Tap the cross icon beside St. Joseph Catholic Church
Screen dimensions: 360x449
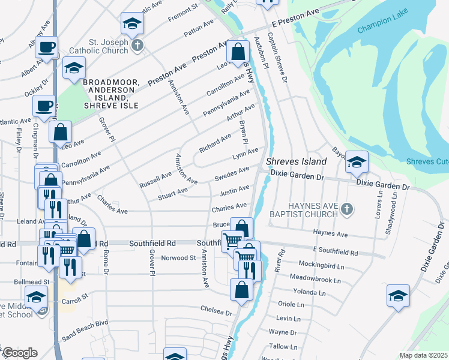[137, 46]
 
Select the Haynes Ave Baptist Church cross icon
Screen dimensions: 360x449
[346, 209]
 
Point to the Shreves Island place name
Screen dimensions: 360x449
[296, 161]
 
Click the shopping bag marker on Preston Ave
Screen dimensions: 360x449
[238, 52]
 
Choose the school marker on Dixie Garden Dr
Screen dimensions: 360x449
[357, 161]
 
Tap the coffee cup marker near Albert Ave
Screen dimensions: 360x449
[46, 47]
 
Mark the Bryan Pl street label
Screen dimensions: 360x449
[244, 134]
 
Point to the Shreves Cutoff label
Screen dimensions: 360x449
[427, 161]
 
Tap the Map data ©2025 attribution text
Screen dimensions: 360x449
[423, 355]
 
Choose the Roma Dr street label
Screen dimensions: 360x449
[106, 263]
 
